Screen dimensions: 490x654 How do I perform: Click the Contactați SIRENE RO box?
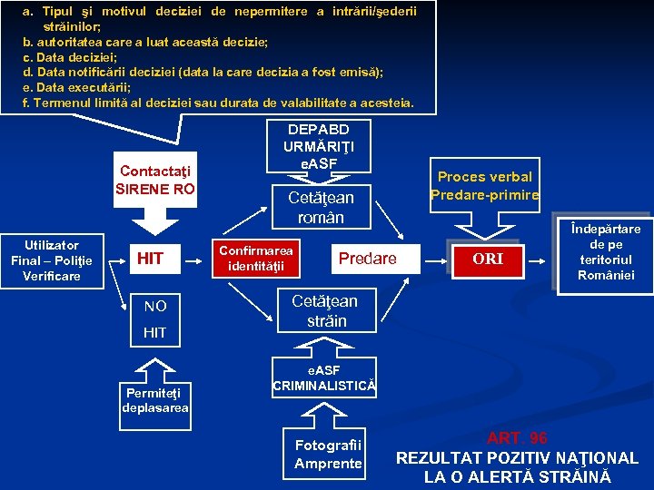pyautogui.click(x=154, y=180)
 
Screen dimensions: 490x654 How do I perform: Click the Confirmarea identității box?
pyautogui.click(x=257, y=258)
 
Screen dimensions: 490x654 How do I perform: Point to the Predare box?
pyautogui.click(x=367, y=259)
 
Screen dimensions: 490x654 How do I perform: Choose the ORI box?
pyautogui.click(x=488, y=259)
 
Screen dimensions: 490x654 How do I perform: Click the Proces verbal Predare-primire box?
pyautogui.click(x=485, y=185)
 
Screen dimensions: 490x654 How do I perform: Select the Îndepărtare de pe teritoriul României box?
pyautogui.click(x=606, y=251)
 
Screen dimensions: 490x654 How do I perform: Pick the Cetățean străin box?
pyautogui.click(x=324, y=310)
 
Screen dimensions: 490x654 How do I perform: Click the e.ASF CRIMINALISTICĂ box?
pyautogui.click(x=323, y=378)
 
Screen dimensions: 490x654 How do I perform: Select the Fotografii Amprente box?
pyautogui.click(x=328, y=454)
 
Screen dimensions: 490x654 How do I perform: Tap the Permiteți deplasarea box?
pyautogui.click(x=154, y=400)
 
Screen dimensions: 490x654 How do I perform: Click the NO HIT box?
pyautogui.click(x=155, y=318)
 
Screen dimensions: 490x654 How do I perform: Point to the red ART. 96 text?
pyautogui.click(x=517, y=438)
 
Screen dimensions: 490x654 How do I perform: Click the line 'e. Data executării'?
pyautogui.click(x=76, y=87)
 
